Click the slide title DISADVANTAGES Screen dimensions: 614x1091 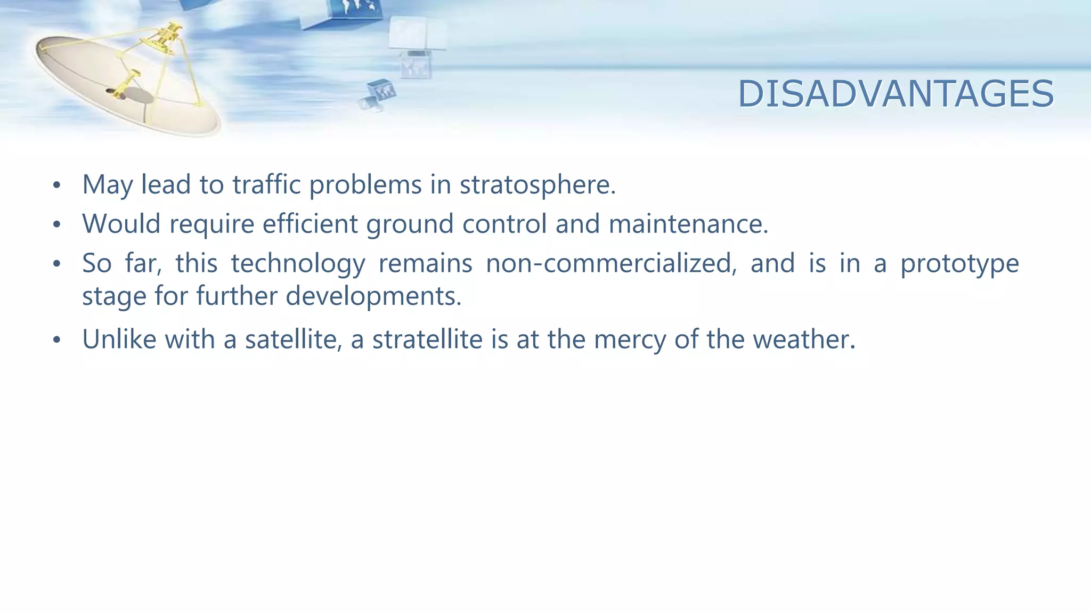[x=895, y=94]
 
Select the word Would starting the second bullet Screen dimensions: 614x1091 [x=121, y=223]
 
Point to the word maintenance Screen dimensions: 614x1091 [x=688, y=223]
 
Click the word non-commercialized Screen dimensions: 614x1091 [x=611, y=263]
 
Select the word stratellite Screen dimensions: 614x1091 [x=427, y=339]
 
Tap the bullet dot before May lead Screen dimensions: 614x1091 [x=57, y=186]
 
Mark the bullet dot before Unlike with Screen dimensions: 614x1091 [x=57, y=340]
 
